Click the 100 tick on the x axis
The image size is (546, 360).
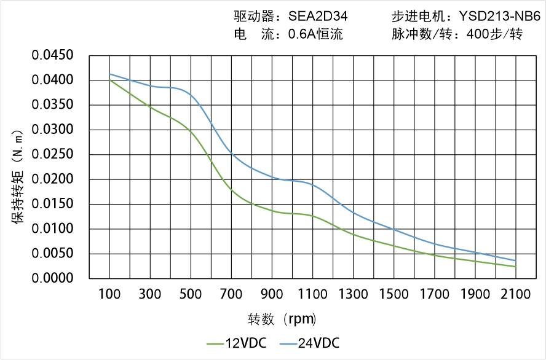click(x=110, y=294)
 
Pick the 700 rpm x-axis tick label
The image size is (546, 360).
click(x=232, y=294)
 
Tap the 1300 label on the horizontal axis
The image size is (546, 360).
click(x=354, y=294)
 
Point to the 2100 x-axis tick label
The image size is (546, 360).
click(x=515, y=294)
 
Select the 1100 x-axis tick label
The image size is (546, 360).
click(x=313, y=294)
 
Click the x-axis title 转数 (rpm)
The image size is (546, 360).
click(x=282, y=319)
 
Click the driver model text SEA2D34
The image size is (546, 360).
click(x=320, y=17)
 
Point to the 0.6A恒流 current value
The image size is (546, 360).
click(x=315, y=34)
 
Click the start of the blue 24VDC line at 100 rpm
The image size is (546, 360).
click(x=110, y=74)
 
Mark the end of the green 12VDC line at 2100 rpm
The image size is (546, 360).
click(x=515, y=267)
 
